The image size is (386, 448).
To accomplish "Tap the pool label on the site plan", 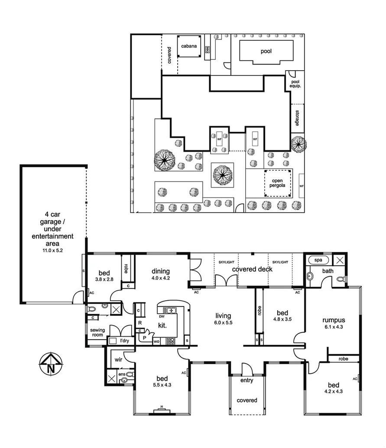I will pyautogui.click(x=266, y=51).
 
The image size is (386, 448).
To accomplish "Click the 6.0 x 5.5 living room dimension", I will pyautogui.click(x=223, y=322).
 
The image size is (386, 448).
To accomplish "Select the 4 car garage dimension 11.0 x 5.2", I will pyautogui.click(x=53, y=250).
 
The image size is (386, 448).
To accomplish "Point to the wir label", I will pyautogui.click(x=118, y=359).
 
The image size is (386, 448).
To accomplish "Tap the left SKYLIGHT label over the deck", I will pyautogui.click(x=227, y=263).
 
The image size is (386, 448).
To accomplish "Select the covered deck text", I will pyautogui.click(x=252, y=269).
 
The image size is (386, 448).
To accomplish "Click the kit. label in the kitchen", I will pyautogui.click(x=162, y=325).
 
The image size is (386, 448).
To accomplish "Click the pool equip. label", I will pyautogui.click(x=295, y=84).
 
